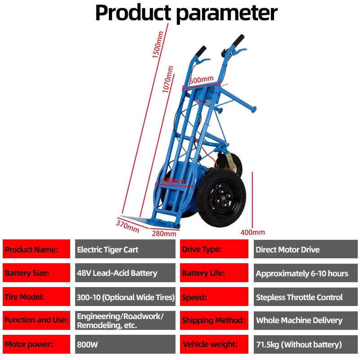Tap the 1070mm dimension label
[168, 80]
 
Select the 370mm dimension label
[128, 225]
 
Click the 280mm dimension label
[164, 234]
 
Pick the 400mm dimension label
[252, 233]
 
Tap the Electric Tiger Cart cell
[125, 249]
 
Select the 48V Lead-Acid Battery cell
[125, 273]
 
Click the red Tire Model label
[36, 297]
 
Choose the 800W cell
[125, 345]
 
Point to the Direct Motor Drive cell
[305, 249]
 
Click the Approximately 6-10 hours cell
[305, 273]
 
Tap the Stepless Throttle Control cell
[305, 297]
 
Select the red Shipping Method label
[214, 321]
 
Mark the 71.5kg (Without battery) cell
[305, 345]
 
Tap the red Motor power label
[36, 345]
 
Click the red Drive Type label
[214, 249]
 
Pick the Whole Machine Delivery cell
[305, 321]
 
